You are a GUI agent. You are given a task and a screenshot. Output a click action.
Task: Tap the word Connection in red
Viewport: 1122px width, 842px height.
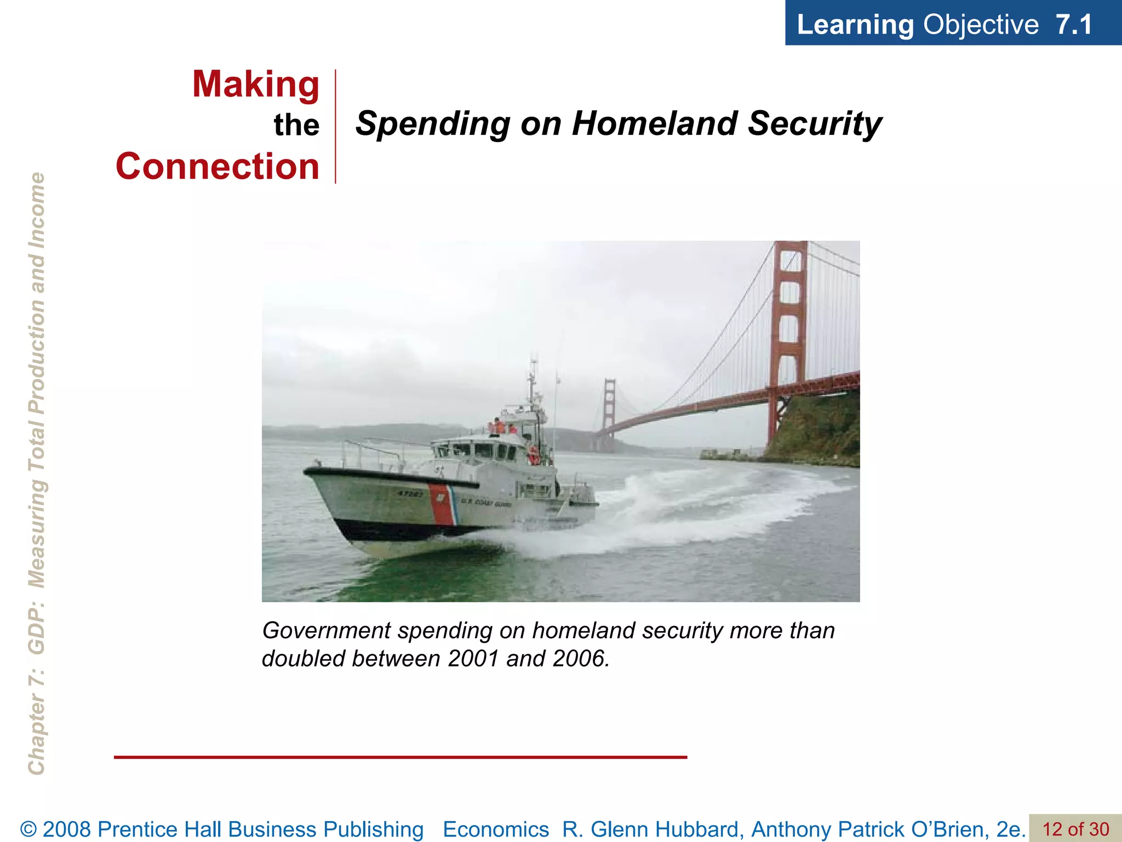pyautogui.click(x=217, y=167)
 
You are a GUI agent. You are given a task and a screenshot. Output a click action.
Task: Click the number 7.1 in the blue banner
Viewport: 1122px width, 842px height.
pyautogui.click(x=1074, y=25)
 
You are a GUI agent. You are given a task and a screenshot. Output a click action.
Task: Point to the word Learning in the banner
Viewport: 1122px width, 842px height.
pyautogui.click(x=855, y=25)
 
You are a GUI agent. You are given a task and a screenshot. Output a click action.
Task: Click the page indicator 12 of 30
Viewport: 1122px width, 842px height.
pyautogui.click(x=1075, y=829)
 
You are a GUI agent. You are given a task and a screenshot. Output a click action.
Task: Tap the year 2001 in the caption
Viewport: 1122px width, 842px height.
pyautogui.click(x=474, y=659)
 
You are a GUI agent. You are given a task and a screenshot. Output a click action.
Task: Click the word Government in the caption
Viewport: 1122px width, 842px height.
pyautogui.click(x=327, y=631)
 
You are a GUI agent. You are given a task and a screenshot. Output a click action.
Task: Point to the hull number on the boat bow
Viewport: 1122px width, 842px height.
pyautogui.click(x=410, y=493)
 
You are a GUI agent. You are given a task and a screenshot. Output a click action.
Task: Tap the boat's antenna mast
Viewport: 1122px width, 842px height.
pyautogui.click(x=532, y=384)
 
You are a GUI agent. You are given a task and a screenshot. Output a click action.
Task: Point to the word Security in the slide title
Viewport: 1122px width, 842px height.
pyautogui.click(x=815, y=123)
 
